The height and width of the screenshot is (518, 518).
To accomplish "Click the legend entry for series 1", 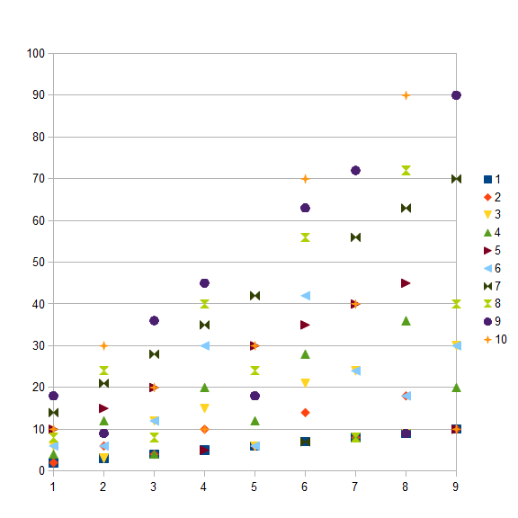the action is pos(492,179).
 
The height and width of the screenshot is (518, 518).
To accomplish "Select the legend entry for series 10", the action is pos(496,339).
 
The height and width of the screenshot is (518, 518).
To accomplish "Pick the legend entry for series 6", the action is pos(492,268).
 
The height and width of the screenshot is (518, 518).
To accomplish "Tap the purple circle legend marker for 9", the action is pos(487,321).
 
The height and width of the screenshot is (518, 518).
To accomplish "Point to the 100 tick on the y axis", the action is pos(36,53).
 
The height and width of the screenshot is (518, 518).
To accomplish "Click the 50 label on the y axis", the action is pos(39,262).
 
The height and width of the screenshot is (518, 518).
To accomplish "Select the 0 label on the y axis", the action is pos(41,470).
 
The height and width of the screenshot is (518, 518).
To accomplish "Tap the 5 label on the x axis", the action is pos(254,487).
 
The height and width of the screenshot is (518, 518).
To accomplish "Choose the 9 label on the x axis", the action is pos(456,487).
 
